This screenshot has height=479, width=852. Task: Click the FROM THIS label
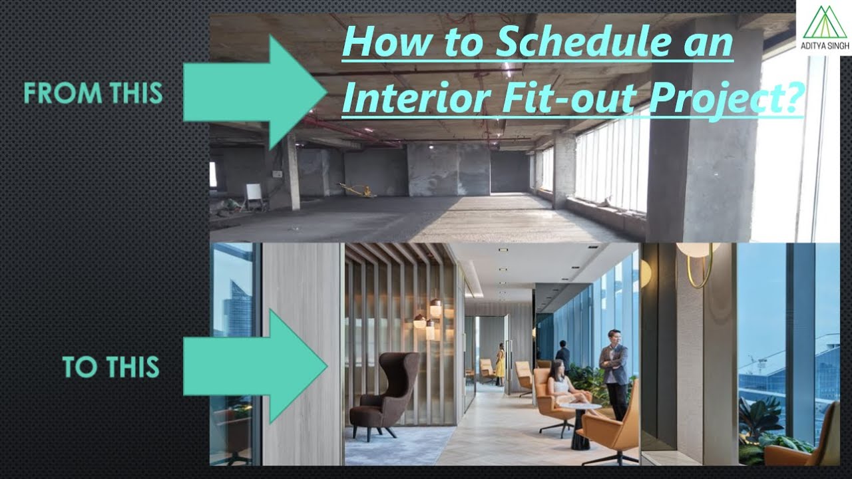pos(93,93)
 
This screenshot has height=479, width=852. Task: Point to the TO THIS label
pos(111,367)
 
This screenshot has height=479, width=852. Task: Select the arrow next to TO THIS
pos(256,367)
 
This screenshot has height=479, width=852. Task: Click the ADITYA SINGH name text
pos(824,46)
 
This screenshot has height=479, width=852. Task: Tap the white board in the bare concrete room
pos(254,195)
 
